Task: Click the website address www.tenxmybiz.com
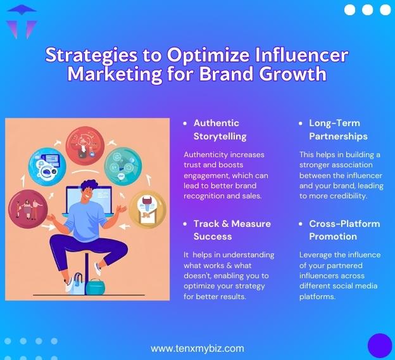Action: pos(197,349)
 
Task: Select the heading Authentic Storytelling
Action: pos(216,129)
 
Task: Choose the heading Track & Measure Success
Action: pos(232,230)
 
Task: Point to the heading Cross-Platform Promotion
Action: pos(344,230)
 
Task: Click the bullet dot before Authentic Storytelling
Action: pos(185,124)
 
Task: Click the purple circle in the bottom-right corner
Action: pos(380,345)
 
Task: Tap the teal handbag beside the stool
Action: pos(94,286)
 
